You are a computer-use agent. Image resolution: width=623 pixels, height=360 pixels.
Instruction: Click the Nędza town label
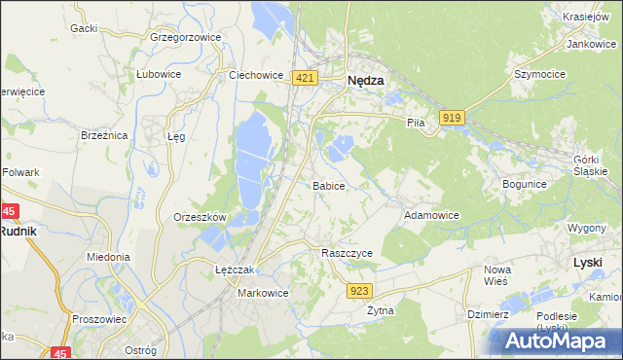pos(365,82)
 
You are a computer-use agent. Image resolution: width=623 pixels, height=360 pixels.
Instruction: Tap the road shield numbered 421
pos(305,78)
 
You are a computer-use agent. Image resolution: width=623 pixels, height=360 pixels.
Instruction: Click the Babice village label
pos(328,185)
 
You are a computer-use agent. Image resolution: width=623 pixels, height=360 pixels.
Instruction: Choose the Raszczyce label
pos(348,252)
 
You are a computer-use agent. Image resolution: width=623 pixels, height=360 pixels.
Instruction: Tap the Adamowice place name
pos(431,214)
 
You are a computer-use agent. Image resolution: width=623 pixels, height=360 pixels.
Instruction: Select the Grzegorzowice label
pos(186,37)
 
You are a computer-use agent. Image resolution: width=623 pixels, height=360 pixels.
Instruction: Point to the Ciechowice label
pos(255,74)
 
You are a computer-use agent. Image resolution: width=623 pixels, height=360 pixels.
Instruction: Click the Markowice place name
pos(263,292)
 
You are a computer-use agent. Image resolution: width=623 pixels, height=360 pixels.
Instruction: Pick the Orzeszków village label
pos(200,217)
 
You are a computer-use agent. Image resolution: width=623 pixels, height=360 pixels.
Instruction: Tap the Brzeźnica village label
pos(104,136)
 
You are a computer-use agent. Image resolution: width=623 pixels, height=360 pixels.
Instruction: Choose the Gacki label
pos(83,28)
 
